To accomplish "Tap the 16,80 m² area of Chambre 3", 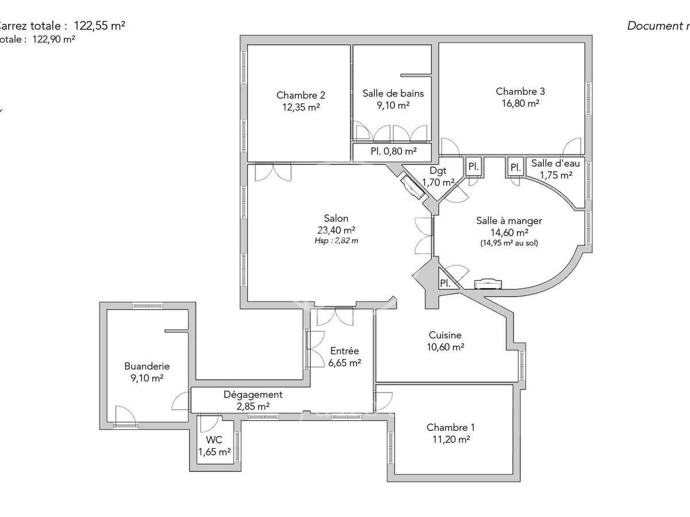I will tap(520, 103).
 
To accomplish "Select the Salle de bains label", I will tap(385, 93).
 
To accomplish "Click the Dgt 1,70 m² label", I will tap(438, 176).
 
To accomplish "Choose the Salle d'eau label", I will tap(555, 164).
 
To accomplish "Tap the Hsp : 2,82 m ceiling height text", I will tap(336, 241).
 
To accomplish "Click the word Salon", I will tap(336, 218).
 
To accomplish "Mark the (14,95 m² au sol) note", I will tap(509, 243).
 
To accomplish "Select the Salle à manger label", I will tap(509, 221).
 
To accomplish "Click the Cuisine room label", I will tap(445, 335).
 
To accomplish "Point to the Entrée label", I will tap(344, 351).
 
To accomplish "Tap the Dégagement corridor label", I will tap(253, 395).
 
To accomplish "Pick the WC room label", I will tap(214, 440).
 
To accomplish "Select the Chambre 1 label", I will tap(451, 427).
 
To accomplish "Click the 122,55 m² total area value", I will tap(99, 25).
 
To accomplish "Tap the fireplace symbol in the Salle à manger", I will tap(488, 283).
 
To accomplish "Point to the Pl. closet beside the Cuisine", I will tap(445, 283).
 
